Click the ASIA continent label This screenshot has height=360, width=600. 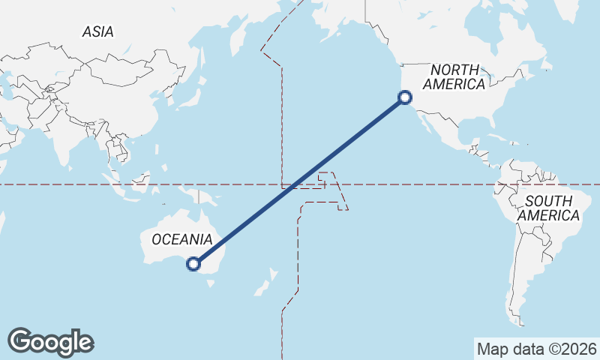click(98, 32)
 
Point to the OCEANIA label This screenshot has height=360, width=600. click(181, 240)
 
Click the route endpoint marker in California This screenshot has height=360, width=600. click(405, 97)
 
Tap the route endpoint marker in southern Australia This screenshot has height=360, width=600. click(193, 263)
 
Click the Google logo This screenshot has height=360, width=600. click(50, 342)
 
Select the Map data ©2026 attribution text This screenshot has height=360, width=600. click(536, 349)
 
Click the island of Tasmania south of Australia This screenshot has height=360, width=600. click(211, 283)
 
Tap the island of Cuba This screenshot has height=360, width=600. click(488, 143)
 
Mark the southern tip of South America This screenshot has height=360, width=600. click(520, 322)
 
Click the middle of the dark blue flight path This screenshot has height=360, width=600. click(299, 180)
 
